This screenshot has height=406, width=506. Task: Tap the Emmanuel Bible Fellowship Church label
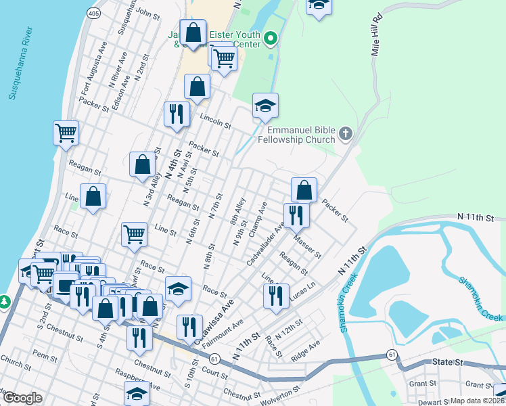(301, 135)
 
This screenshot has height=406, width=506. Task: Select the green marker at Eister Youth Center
(271, 39)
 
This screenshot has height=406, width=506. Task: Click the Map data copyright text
(477, 401)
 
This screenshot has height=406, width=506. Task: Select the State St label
(448, 363)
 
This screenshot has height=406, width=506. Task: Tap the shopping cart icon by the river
(66, 133)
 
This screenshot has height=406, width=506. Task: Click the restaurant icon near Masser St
(296, 215)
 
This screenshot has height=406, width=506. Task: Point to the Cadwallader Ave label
(264, 243)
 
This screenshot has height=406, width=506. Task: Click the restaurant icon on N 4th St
(175, 114)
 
